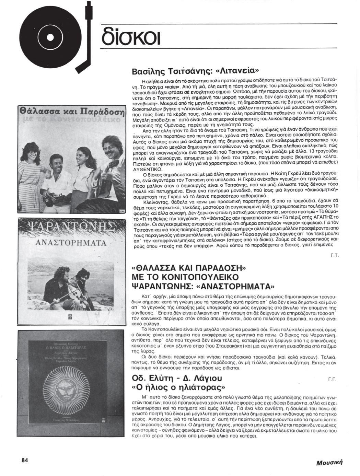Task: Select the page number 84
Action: [24, 460]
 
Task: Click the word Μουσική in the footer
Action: [329, 462]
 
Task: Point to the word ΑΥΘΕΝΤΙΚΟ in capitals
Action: [147, 170]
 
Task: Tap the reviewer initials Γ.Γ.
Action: [332, 379]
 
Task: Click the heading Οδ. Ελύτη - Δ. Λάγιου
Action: [177, 378]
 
